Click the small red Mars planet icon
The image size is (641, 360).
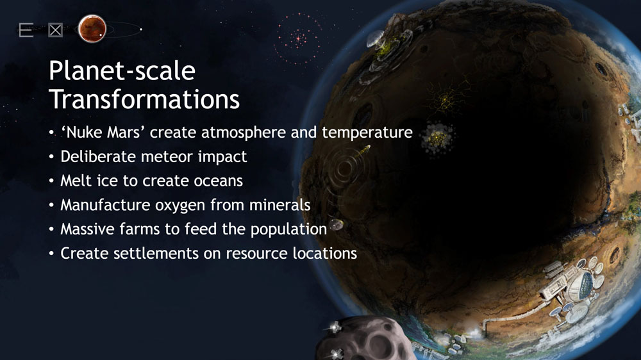92,29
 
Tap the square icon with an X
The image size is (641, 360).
55,30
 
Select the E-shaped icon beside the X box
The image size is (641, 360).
26,30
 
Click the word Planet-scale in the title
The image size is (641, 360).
122,70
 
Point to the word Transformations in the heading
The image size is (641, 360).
144,99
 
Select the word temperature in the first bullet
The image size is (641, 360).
367,133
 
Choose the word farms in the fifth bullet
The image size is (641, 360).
139,229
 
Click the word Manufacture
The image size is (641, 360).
105,205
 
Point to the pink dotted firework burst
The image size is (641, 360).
298,39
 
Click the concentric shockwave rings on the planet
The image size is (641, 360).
344,168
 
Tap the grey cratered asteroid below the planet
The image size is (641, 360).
364,339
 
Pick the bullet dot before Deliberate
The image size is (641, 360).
51,157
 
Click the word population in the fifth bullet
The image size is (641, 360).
288,230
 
